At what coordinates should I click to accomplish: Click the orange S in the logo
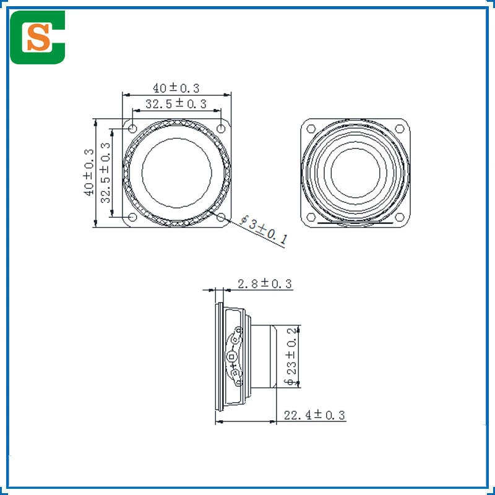click(38, 37)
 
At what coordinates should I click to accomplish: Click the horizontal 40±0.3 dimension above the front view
click(176, 88)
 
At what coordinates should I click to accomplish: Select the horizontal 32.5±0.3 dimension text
click(176, 103)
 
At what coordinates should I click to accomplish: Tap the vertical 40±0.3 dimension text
click(89, 173)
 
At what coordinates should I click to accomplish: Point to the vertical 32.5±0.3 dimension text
click(105, 173)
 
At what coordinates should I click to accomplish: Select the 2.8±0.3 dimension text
click(265, 283)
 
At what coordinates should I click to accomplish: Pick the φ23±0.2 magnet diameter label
click(291, 356)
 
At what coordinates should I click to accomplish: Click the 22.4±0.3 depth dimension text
click(314, 415)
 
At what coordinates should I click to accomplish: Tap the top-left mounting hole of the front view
click(132, 129)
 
